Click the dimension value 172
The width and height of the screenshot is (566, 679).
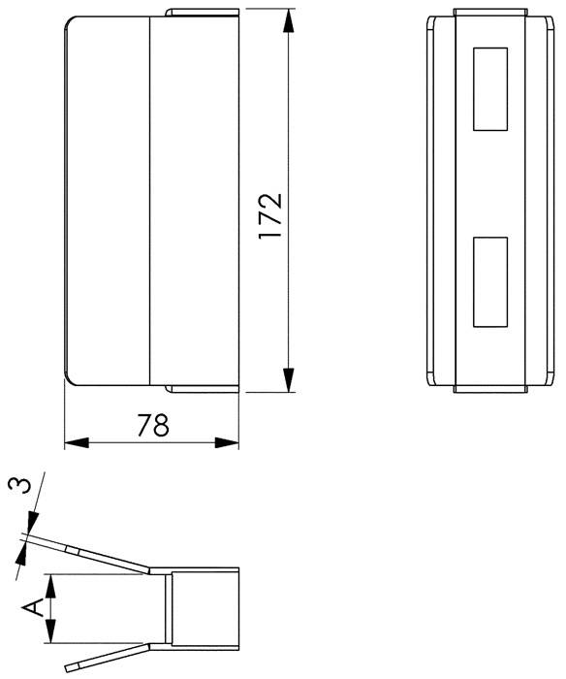[271, 215]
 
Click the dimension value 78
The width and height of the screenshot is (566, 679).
[152, 425]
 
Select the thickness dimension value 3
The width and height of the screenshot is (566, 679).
[16, 486]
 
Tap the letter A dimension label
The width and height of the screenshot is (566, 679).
[33, 608]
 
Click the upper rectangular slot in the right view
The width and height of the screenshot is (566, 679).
[489, 89]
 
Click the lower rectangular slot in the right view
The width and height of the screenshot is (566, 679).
[489, 280]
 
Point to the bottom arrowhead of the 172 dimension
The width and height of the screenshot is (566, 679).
[288, 380]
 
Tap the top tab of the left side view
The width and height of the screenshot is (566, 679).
[202, 14]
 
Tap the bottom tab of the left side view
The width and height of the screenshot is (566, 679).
[202, 389]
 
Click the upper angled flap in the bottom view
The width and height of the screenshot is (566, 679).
[107, 557]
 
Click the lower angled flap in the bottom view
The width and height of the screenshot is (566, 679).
[107, 659]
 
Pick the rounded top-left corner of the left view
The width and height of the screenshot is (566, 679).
[70, 23]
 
